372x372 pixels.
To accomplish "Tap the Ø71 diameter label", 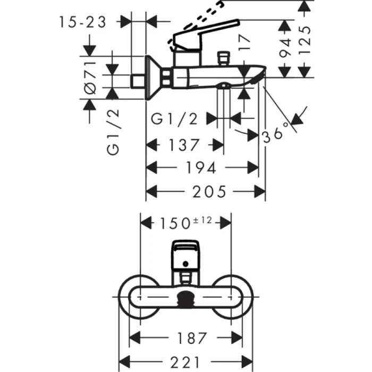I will pos(91,78).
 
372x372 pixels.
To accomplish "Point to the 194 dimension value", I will pos(202,168).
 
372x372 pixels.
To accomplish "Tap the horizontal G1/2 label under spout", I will pos(175,120).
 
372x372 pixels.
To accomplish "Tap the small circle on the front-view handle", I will pos(185,263).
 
